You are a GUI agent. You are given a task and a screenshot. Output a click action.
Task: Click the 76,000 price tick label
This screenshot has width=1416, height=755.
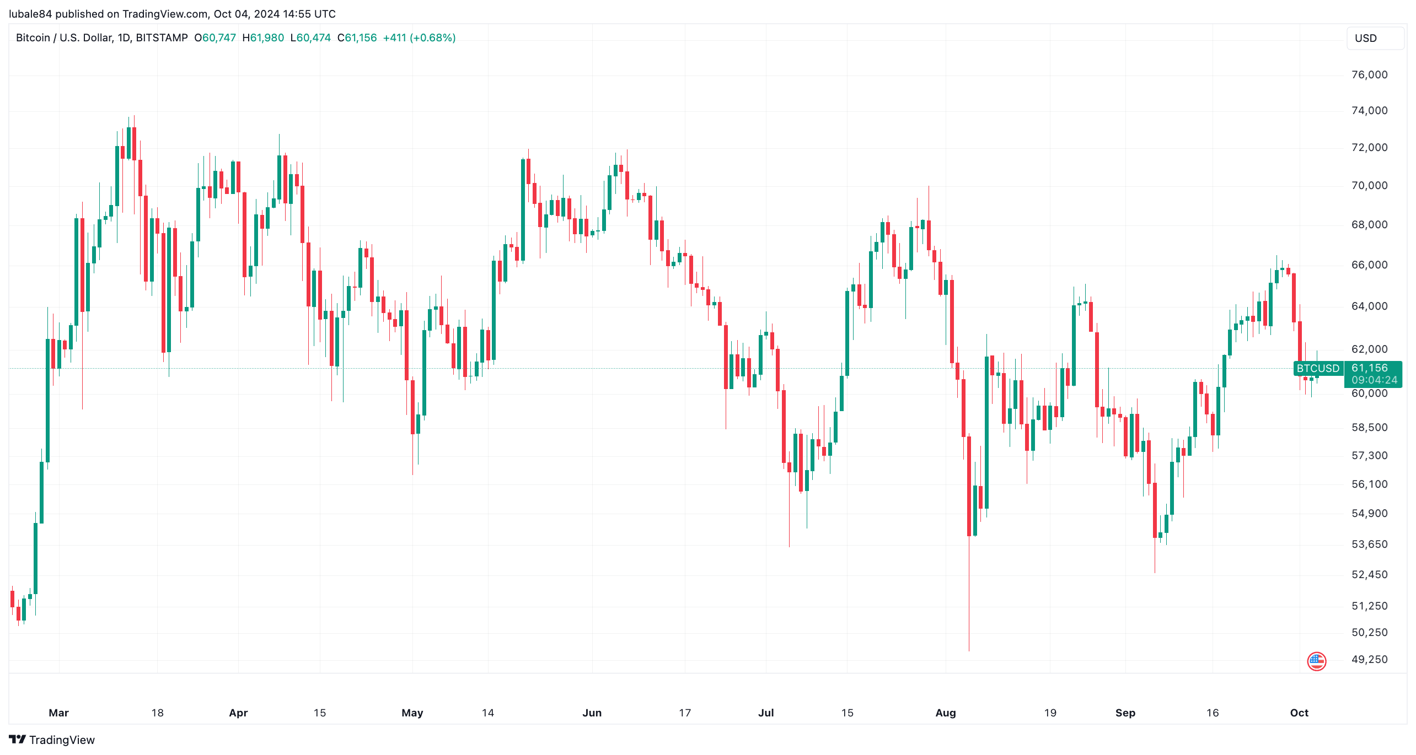tap(1369, 75)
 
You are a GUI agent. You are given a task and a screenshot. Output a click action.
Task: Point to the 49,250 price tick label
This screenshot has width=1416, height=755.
tap(1369, 660)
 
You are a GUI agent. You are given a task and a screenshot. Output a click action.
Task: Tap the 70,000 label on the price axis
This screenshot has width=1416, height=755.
tap(1369, 186)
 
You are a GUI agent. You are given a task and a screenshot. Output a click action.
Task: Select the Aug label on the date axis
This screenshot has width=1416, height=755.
tap(946, 713)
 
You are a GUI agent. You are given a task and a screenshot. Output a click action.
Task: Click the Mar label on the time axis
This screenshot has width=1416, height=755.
tap(58, 713)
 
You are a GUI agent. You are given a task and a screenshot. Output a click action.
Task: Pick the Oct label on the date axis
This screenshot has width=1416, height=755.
tap(1299, 713)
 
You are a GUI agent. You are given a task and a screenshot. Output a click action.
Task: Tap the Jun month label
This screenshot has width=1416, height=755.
tap(592, 713)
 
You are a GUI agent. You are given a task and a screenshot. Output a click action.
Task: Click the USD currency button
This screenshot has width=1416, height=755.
tap(1366, 38)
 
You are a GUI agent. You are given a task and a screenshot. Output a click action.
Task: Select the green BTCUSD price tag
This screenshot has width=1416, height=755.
tap(1317, 368)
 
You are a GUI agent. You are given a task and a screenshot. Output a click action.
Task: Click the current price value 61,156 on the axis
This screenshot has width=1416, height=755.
tap(1369, 368)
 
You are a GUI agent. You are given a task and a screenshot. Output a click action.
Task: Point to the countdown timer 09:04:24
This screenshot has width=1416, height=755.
tap(1374, 380)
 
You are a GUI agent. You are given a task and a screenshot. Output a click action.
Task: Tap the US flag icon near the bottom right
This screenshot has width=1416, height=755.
tap(1316, 661)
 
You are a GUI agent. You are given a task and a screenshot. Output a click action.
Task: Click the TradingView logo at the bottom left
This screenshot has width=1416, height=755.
tap(52, 740)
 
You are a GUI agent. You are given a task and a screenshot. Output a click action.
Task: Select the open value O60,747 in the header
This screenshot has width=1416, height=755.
tap(215, 38)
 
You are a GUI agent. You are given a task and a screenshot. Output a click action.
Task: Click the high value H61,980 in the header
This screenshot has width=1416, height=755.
tap(263, 38)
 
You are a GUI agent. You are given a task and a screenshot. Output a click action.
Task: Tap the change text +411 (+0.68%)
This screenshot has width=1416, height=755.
tap(419, 38)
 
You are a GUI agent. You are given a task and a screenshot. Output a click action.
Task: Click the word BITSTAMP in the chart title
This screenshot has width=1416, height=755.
tap(162, 38)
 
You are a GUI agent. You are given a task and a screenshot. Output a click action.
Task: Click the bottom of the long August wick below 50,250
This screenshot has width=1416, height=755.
tap(969, 650)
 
